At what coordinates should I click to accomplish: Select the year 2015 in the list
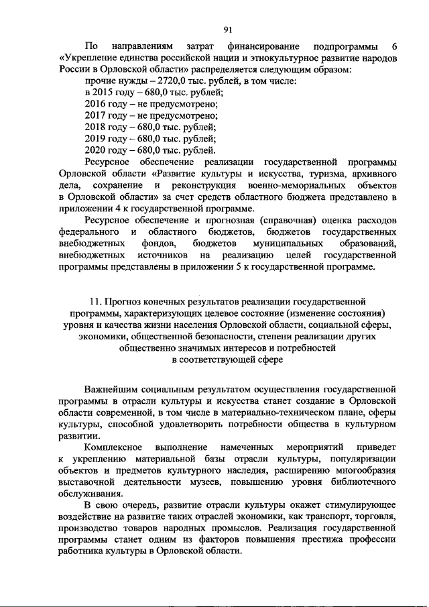click(107, 93)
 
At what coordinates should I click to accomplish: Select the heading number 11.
click(94, 302)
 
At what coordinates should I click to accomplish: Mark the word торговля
click(372, 516)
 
